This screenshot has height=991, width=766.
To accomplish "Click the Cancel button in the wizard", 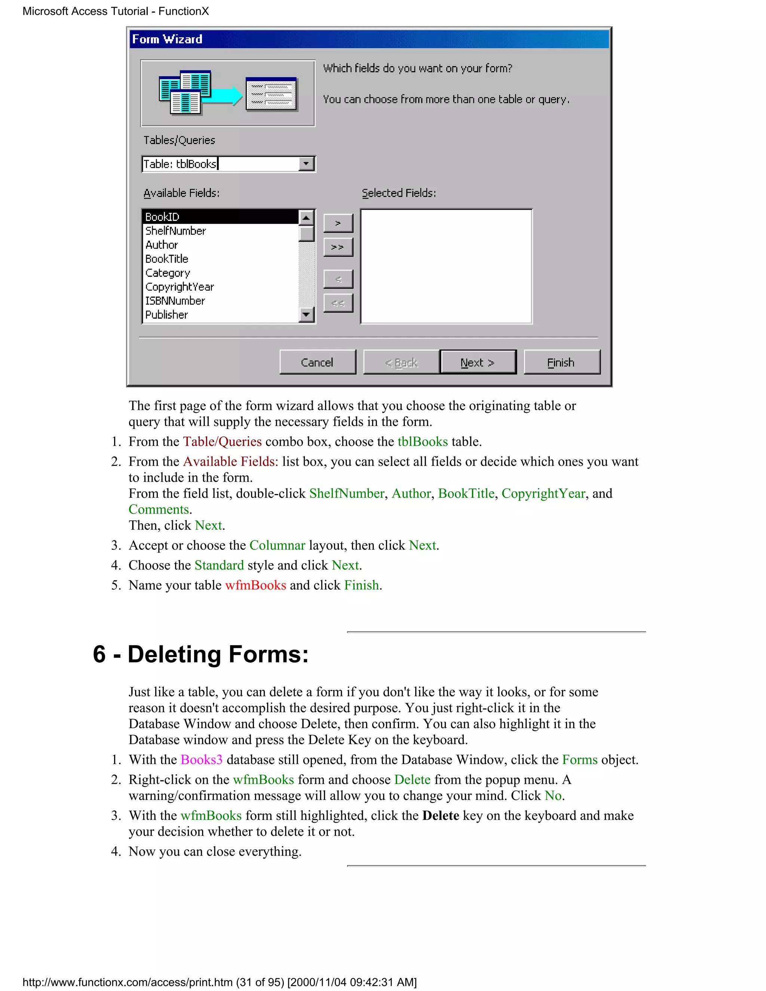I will click(x=317, y=362).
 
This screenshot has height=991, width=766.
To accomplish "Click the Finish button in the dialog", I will click(x=561, y=362).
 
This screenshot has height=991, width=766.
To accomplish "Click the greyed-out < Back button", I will click(x=401, y=362).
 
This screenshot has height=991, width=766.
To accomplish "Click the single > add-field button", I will click(x=338, y=223).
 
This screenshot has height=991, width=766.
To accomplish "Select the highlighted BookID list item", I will click(x=220, y=217).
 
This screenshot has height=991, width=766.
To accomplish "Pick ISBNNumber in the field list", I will click(x=175, y=301).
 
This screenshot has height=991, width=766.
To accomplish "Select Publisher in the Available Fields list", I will click(x=166, y=315).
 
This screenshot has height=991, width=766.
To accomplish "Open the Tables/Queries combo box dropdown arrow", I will click(x=307, y=164).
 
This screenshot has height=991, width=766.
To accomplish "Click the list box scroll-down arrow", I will click(x=307, y=315).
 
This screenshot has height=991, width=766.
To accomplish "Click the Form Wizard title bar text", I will click(x=167, y=39).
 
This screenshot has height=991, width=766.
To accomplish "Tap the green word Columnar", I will click(x=277, y=545).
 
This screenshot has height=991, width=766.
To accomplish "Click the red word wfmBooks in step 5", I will click(x=255, y=585).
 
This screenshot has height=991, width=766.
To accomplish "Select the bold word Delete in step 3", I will click(x=440, y=815).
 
